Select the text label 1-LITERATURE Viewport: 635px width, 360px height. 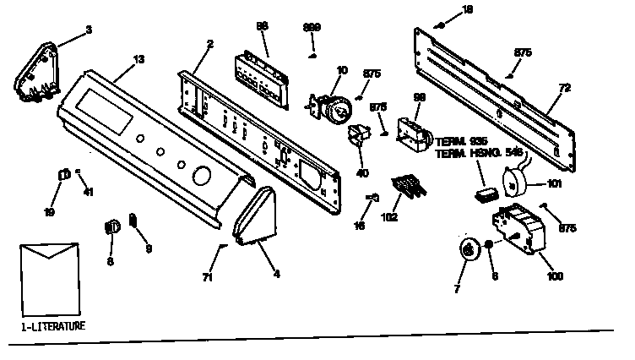(x=52, y=325)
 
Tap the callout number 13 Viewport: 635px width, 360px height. (x=138, y=61)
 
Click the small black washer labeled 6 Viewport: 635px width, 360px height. (x=488, y=246)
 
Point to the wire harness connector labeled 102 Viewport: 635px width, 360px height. (x=406, y=186)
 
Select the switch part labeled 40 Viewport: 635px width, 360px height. (x=360, y=135)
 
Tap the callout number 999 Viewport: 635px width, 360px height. (x=311, y=28)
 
